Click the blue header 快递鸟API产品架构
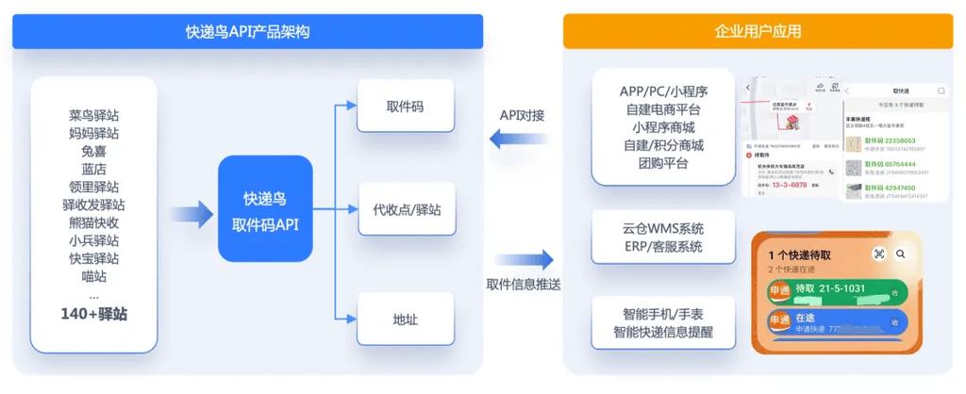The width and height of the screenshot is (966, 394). [x=247, y=32]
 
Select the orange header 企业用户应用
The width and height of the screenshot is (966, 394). [x=758, y=32]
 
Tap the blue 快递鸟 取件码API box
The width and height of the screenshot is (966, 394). [x=265, y=209]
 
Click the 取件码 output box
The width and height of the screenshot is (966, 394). [x=405, y=107]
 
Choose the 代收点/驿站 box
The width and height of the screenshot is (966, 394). [x=405, y=209]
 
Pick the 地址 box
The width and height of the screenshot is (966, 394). [x=405, y=319]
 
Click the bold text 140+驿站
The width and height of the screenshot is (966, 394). [x=93, y=314]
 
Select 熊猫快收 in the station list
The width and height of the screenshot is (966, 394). [x=93, y=223]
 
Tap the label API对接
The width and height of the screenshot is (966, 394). [x=522, y=115]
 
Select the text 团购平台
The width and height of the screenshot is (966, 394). [x=663, y=163]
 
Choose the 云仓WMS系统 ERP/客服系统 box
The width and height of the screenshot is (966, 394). [x=663, y=238]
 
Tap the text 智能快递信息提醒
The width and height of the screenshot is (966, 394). [x=663, y=332]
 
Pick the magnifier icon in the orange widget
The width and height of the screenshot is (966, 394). [x=901, y=254]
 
